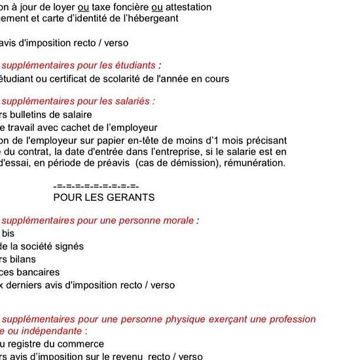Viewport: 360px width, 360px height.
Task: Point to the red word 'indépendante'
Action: (x=54, y=331)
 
